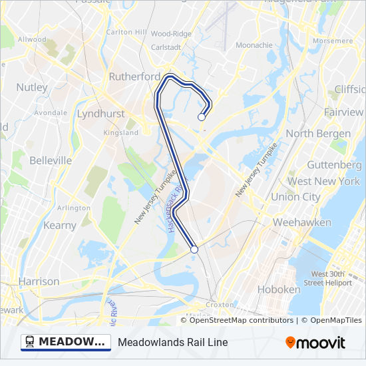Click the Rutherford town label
(134, 77)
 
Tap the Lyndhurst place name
(100, 114)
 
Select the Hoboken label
(279, 289)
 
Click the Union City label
(295, 197)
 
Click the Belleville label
(51, 160)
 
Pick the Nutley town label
(32, 87)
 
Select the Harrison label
(39, 281)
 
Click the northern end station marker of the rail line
(201, 117)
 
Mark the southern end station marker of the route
(194, 250)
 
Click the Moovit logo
(315, 343)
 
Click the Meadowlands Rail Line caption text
(173, 343)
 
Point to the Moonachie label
(254, 45)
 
